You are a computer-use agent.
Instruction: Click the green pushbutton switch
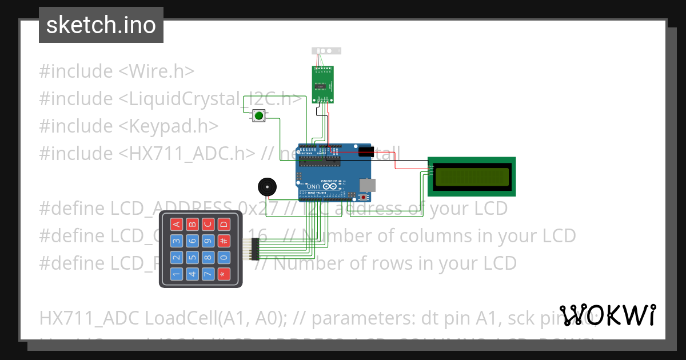click(x=259, y=116)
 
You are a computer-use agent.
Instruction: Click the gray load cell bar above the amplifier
click(x=326, y=51)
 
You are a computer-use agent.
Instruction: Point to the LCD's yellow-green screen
click(x=472, y=177)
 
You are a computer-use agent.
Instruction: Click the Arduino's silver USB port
click(x=368, y=185)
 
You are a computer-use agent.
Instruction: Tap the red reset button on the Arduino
click(x=364, y=197)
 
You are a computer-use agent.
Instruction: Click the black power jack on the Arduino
click(x=366, y=151)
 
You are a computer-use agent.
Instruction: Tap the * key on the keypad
click(x=224, y=274)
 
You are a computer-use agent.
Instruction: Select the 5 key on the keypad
click(x=193, y=258)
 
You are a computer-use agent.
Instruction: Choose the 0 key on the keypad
click(x=224, y=258)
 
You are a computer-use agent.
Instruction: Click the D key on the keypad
click(x=224, y=224)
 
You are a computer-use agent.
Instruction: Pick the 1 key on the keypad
click(x=177, y=274)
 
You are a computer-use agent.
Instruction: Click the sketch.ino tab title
click(x=101, y=25)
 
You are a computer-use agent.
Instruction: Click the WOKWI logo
click(x=607, y=315)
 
